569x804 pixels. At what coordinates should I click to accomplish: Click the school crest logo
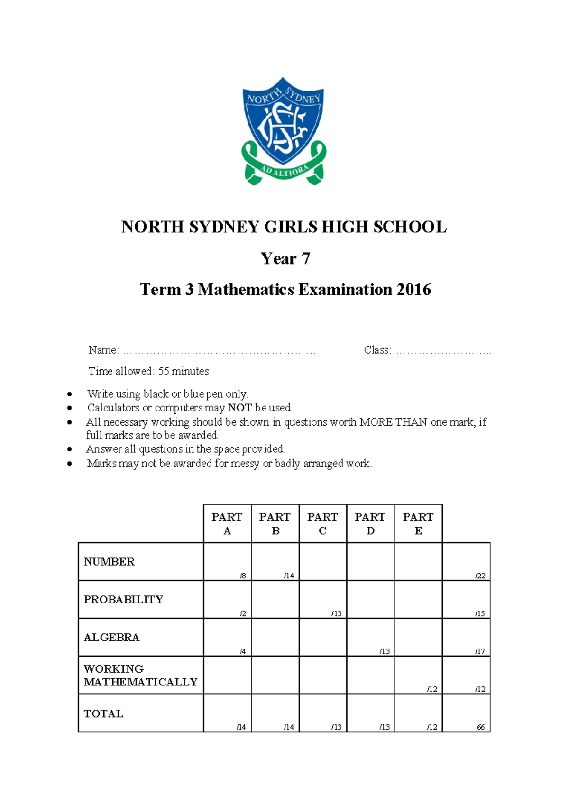284,130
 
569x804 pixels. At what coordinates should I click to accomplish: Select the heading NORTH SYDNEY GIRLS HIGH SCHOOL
284,227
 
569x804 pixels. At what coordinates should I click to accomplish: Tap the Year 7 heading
285,258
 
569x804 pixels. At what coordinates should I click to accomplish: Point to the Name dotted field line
219,351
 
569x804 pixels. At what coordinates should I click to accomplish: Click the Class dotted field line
443,351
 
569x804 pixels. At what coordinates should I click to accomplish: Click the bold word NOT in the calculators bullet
239,408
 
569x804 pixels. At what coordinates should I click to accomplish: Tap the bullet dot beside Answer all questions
70,449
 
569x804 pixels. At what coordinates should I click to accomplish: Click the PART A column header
227,523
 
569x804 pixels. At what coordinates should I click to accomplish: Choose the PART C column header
322,523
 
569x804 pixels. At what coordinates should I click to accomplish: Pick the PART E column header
418,523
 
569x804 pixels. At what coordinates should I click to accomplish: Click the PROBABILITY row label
123,599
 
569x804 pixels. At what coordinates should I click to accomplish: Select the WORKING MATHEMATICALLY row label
140,675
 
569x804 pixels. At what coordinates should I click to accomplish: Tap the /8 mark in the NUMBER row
243,576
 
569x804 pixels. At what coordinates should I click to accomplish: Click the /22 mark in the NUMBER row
480,576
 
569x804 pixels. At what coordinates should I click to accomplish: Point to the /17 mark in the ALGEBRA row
480,651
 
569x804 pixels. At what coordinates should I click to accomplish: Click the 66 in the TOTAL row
481,727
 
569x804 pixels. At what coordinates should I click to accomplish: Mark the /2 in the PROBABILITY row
243,613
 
